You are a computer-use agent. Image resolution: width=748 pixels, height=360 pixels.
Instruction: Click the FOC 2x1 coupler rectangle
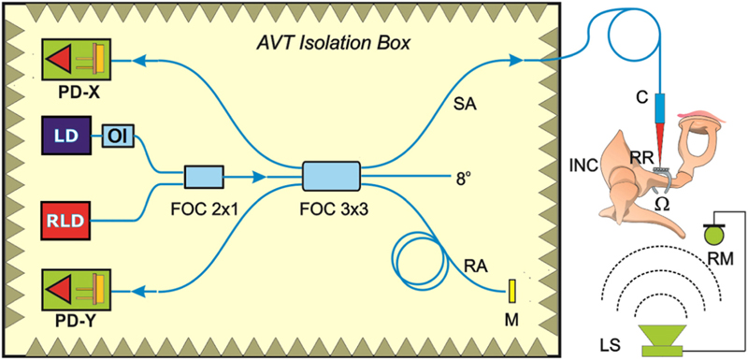pos(203,175)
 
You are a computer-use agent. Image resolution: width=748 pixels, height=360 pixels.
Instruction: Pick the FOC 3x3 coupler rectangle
pos(331,175)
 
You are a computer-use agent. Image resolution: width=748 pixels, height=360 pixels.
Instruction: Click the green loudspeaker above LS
pos(665,340)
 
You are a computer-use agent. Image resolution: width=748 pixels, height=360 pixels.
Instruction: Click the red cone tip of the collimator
pos(671,141)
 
